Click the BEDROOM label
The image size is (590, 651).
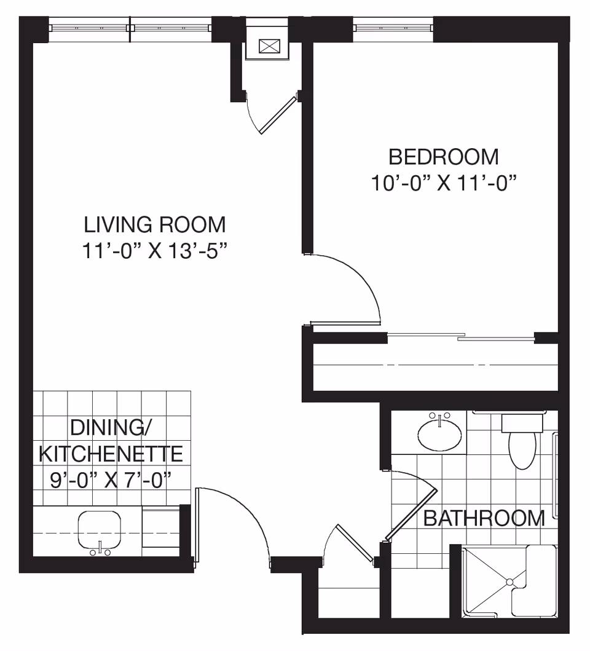[443, 157]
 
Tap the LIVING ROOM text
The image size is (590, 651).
[154, 224]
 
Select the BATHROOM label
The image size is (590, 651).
[484, 518]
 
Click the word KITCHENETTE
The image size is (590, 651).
[111, 454]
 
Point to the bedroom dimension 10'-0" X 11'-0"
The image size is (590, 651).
[443, 183]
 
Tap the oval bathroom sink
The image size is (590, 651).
[440, 434]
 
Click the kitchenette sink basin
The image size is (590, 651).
[100, 529]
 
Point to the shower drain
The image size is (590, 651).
[509, 581]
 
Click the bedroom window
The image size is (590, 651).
[393, 27]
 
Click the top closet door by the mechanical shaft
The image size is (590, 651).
[278, 114]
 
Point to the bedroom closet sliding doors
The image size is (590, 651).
[461, 336]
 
